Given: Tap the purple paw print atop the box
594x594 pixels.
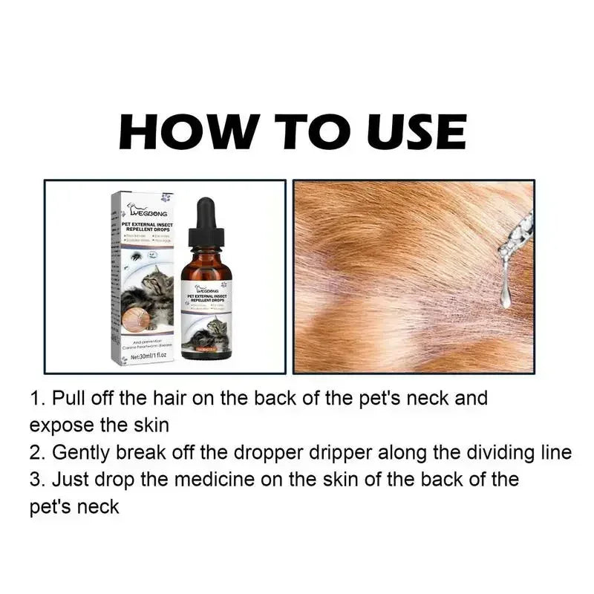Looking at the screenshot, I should pyautogui.click(x=166, y=198).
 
